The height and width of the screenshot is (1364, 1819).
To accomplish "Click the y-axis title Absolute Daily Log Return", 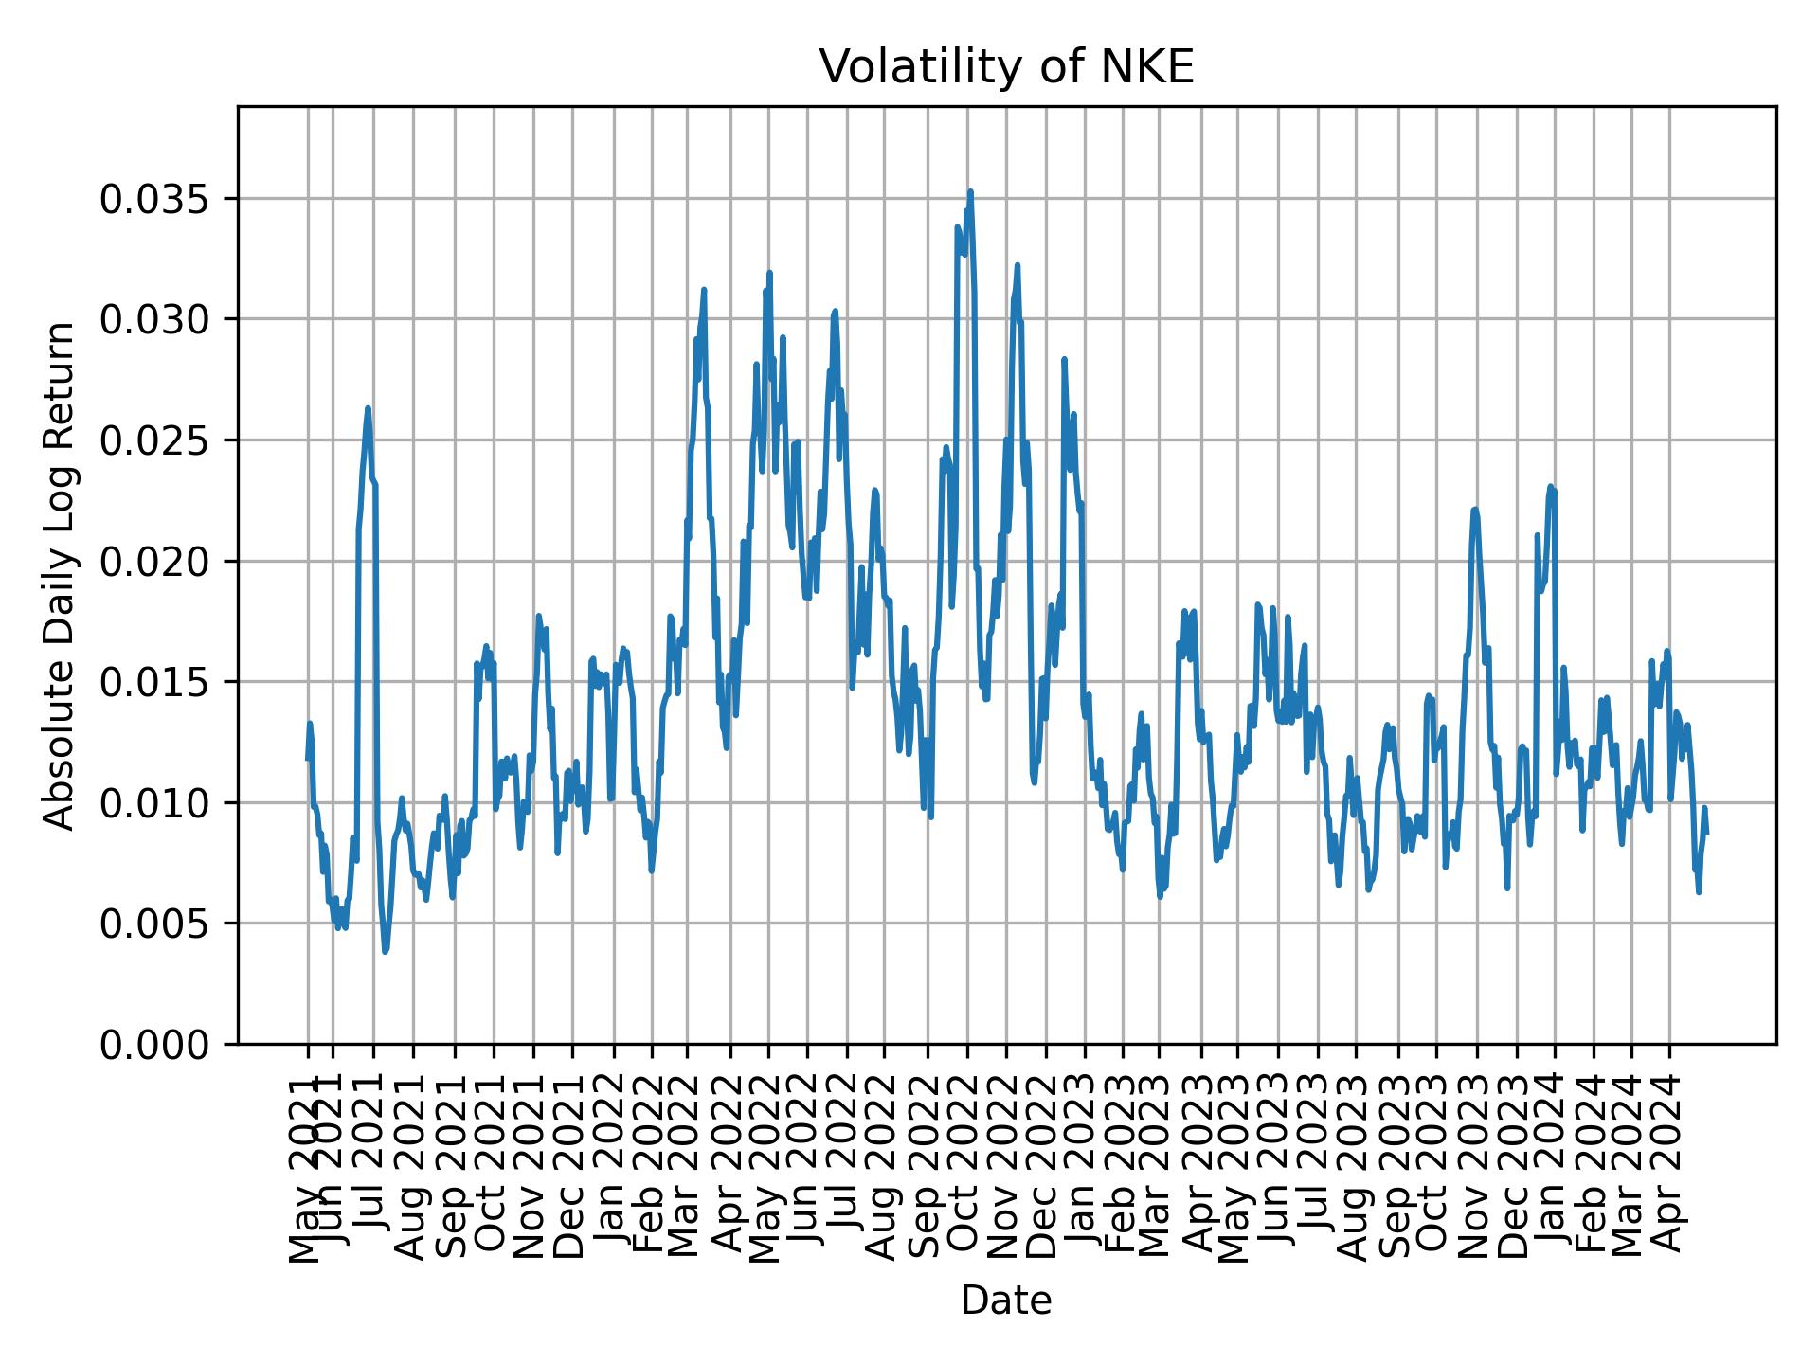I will click(x=61, y=575).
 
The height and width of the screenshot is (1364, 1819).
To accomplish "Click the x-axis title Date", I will click(x=1006, y=1301).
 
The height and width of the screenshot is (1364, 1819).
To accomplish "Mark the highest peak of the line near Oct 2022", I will click(x=970, y=192).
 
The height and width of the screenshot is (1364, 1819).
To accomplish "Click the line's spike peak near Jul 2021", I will click(x=368, y=408).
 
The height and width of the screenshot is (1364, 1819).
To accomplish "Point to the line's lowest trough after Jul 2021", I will click(x=385, y=951).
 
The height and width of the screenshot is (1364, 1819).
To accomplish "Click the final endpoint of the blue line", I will click(x=1706, y=832).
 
